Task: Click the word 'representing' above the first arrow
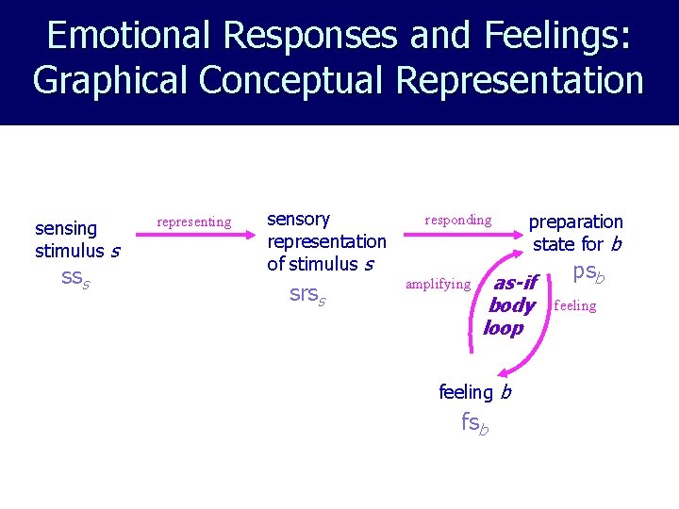tap(193, 222)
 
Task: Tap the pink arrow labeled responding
tap(459, 240)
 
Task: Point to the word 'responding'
tap(458, 221)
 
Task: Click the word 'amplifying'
tap(438, 284)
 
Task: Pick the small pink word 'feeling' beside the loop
tap(575, 305)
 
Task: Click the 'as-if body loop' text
tap(510, 305)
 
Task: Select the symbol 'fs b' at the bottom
tap(475, 423)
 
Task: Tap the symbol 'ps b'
tap(588, 273)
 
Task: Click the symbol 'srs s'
tap(307, 294)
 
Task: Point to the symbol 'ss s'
tap(75, 278)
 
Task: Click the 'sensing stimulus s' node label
tap(75, 239)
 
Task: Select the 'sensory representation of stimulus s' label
tap(326, 241)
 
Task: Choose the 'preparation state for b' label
tap(575, 233)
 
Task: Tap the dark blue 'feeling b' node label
tap(474, 391)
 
